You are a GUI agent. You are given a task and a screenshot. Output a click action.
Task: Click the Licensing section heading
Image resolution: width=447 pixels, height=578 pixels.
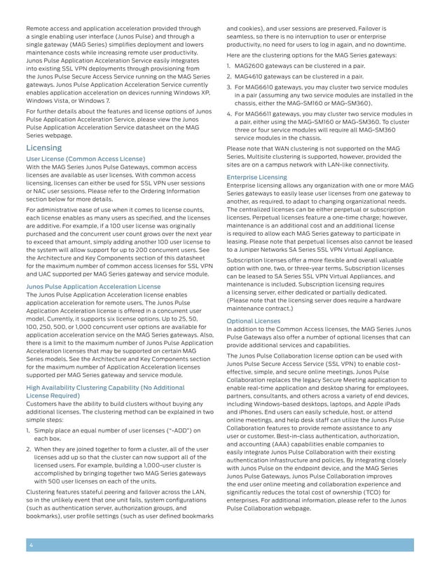43,148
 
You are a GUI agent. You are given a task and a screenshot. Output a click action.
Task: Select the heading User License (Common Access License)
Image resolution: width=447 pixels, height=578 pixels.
85,160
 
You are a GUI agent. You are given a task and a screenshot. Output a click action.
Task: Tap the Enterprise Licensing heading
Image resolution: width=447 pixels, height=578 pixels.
256,178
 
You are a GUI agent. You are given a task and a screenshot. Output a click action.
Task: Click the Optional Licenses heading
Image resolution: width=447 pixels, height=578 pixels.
254,321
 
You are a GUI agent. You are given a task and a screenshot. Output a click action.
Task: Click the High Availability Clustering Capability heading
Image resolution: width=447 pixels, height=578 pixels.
105,387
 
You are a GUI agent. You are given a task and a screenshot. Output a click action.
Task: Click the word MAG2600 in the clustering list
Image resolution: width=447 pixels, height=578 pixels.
252,65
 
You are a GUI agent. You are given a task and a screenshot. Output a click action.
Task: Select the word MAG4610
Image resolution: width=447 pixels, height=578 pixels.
252,76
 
